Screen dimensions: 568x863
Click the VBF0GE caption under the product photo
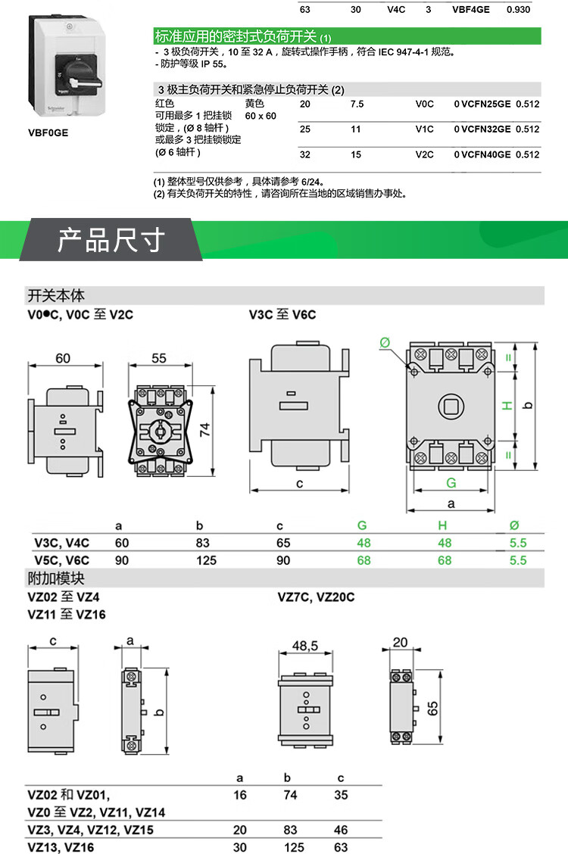coord(48,132)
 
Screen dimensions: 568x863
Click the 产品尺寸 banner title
coord(111,240)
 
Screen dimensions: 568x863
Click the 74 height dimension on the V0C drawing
coord(204,431)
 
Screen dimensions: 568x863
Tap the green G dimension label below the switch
coord(451,482)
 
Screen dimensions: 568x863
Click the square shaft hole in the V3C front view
coord(451,406)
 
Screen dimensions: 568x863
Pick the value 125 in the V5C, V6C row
coord(206,560)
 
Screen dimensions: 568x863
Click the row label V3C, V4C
coord(62,543)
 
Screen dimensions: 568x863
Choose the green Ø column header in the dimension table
coord(515,525)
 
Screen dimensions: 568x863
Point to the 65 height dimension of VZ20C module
coord(433,709)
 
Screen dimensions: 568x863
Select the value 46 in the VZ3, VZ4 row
coord(341,830)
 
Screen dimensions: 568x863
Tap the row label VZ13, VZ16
coord(61,848)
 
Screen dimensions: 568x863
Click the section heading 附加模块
coord(56,579)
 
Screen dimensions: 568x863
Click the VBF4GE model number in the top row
coord(470,11)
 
